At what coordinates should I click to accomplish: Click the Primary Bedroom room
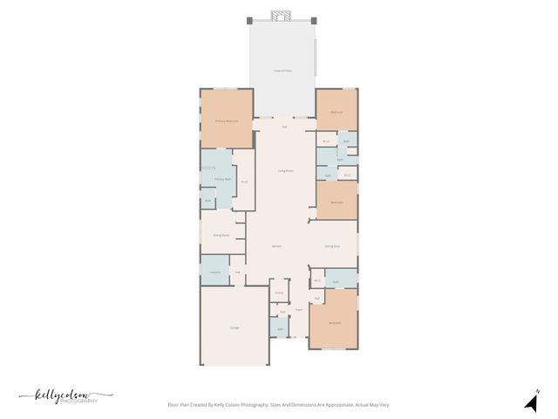click(x=227, y=120)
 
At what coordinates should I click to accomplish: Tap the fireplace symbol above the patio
click(x=281, y=16)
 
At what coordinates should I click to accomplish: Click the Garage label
click(x=235, y=327)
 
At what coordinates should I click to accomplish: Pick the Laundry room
click(x=214, y=272)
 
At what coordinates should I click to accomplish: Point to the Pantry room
click(x=279, y=293)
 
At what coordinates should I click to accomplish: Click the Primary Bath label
click(x=223, y=179)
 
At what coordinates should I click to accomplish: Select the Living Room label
click(x=285, y=170)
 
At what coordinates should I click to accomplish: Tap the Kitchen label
click(x=276, y=247)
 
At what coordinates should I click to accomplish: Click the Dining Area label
click(x=332, y=247)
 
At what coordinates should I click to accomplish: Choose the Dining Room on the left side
click(x=221, y=235)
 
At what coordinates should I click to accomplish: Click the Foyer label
click(x=298, y=309)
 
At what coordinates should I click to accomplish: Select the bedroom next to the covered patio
click(x=337, y=112)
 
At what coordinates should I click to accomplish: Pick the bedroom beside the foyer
click(x=334, y=322)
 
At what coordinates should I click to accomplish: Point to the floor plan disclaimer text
click(x=278, y=405)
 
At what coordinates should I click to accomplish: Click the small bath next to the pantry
click(x=280, y=328)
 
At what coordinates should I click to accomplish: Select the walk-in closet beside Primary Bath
click(x=244, y=182)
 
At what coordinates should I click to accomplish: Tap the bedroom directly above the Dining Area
click(x=337, y=203)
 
